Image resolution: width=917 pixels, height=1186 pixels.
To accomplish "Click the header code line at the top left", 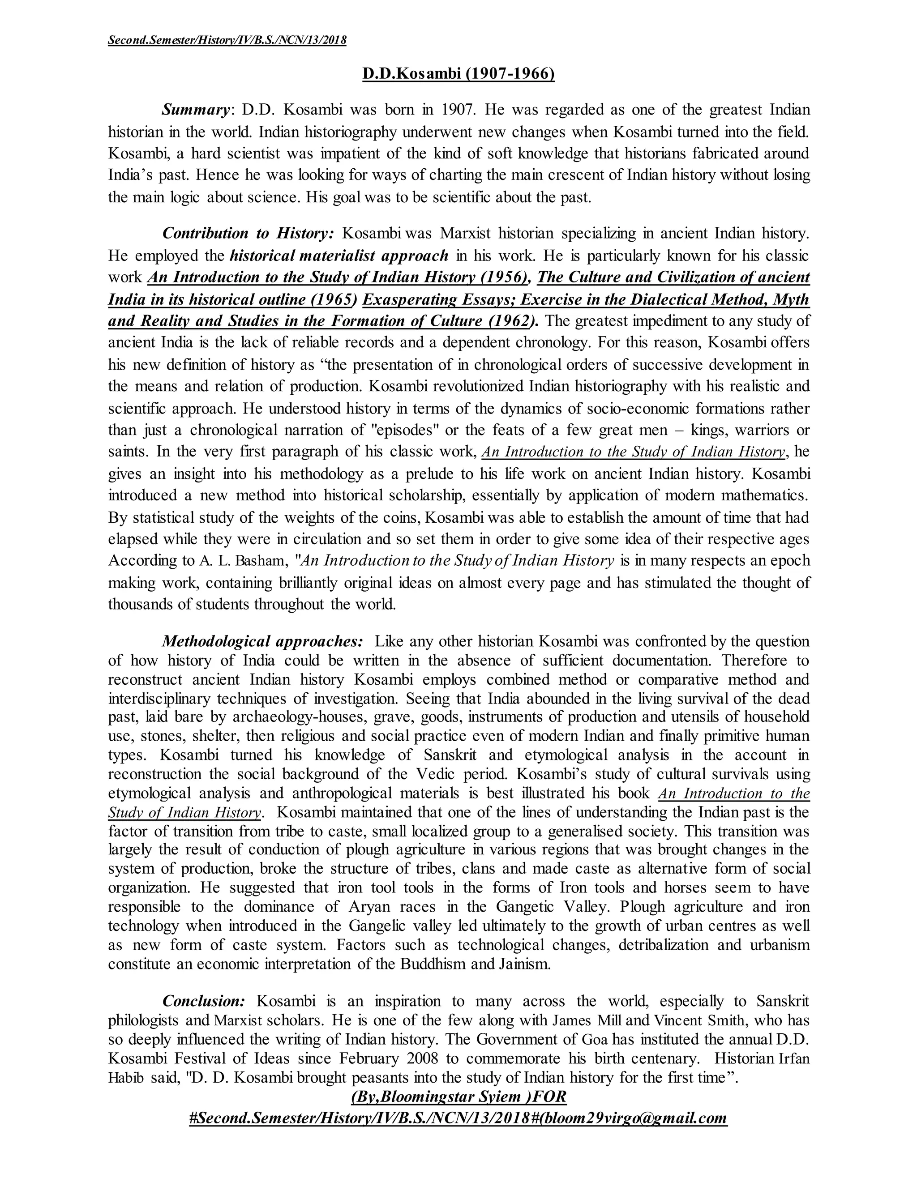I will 227,40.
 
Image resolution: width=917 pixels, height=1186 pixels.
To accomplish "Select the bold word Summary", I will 196,110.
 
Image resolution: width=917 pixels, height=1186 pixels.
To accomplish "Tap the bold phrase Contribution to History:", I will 248,234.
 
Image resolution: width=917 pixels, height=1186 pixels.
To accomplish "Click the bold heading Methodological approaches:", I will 262,641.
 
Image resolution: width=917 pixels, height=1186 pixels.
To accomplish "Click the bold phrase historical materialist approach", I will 339,255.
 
